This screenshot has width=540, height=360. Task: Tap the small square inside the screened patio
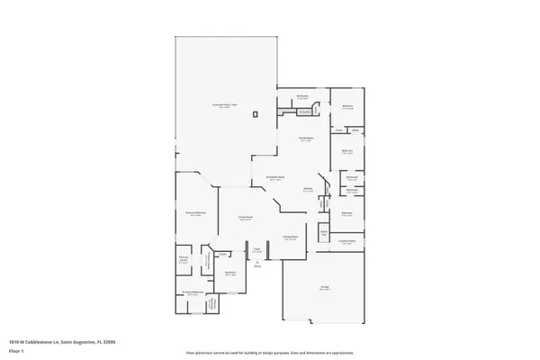click(x=256, y=113)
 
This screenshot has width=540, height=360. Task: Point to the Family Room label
click(x=306, y=139)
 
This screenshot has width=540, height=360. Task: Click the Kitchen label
click(x=308, y=189)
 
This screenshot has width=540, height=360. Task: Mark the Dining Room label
click(x=291, y=238)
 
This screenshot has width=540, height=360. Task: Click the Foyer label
click(x=256, y=248)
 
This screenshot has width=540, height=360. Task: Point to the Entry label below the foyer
click(x=256, y=265)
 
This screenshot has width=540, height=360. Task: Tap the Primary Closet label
click(x=183, y=261)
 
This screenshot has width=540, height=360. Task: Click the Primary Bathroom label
click(x=193, y=292)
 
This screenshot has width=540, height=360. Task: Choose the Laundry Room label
click(x=347, y=241)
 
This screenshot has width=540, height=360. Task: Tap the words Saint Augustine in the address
click(x=77, y=342)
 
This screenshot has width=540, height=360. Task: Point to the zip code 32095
click(x=110, y=342)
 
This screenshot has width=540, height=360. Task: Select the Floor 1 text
click(x=15, y=351)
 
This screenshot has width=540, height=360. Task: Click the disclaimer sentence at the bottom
click(x=269, y=351)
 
